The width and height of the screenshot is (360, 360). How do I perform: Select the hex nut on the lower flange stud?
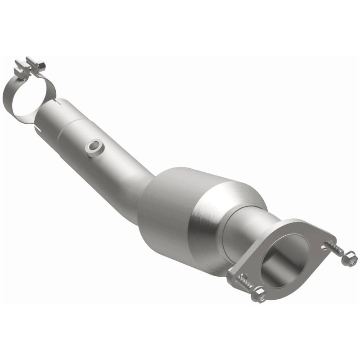click(x=259, y=295)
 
